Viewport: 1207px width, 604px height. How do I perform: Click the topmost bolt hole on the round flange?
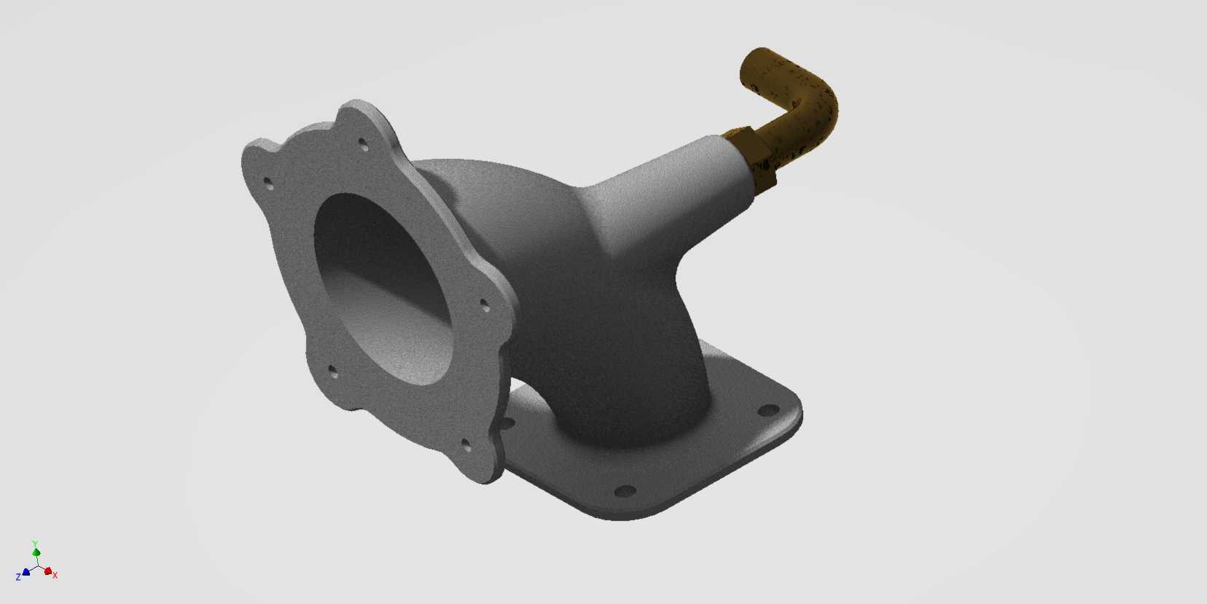click(363, 144)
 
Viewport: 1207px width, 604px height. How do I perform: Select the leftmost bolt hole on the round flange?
click(268, 184)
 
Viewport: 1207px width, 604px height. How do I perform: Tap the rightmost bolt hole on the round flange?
click(485, 305)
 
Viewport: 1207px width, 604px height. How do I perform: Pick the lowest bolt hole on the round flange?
click(466, 444)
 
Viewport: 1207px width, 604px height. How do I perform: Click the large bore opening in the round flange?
click(383, 289)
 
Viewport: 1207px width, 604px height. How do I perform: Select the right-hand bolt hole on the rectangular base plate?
click(767, 411)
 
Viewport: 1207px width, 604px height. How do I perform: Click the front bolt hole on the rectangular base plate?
click(625, 491)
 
